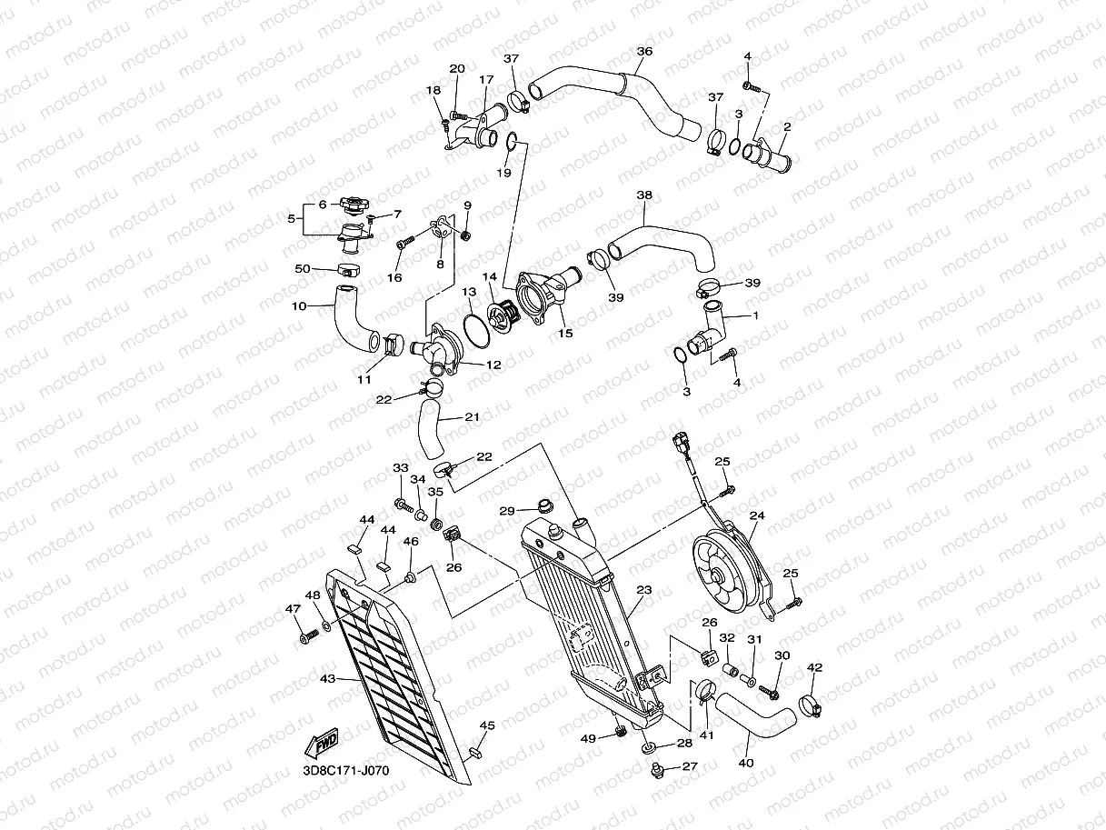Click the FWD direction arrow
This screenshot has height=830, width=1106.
(324, 745)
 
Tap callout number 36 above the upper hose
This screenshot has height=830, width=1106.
(644, 52)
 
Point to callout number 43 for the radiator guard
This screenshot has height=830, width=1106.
(328, 677)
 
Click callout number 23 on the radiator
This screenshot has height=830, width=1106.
(644, 590)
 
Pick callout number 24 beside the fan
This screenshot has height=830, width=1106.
(756, 515)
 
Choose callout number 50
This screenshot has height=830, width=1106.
(303, 268)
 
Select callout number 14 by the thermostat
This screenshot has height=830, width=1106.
(490, 276)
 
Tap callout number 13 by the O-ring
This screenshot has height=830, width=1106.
(469, 292)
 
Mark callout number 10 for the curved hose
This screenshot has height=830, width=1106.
(299, 306)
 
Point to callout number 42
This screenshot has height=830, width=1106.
(814, 668)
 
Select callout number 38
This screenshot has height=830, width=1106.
(644, 195)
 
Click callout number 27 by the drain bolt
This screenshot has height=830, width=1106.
(689, 766)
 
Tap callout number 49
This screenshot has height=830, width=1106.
(589, 738)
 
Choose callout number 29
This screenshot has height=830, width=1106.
(507, 511)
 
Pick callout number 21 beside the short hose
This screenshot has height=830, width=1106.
(472, 417)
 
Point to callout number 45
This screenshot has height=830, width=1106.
(487, 725)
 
